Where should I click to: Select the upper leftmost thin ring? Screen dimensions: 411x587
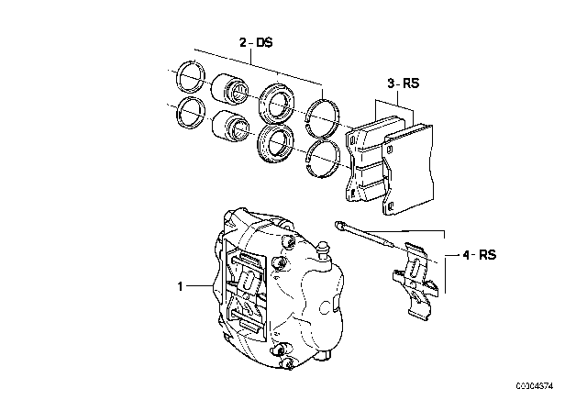pos(189,76)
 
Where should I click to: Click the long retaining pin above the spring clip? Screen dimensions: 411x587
pos(371,236)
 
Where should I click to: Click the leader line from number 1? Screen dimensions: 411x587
pos(201,286)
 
